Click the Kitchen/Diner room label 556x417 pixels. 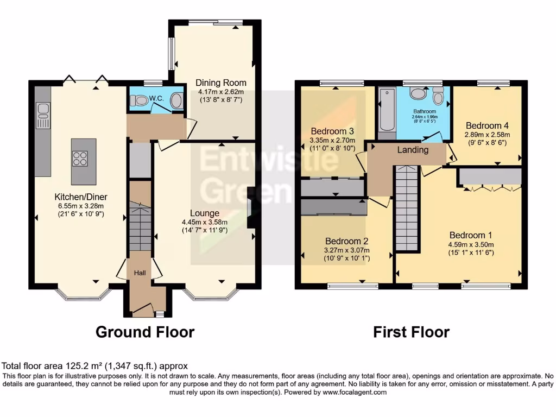tap(79, 197)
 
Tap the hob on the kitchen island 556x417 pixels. tap(80, 158)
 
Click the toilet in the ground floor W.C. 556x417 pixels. tap(140, 100)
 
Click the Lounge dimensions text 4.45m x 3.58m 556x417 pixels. tap(205, 222)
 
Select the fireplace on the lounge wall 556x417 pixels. tap(251, 207)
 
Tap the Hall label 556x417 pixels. tap(140, 273)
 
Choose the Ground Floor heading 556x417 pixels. tap(145, 331)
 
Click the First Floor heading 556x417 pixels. tap(411, 331)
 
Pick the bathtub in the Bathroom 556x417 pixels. tap(387, 109)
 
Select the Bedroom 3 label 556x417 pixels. tap(332, 131)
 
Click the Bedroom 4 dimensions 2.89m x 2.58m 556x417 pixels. tap(487, 135)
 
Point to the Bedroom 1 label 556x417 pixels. tap(470, 235)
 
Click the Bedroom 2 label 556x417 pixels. tap(346, 241)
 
